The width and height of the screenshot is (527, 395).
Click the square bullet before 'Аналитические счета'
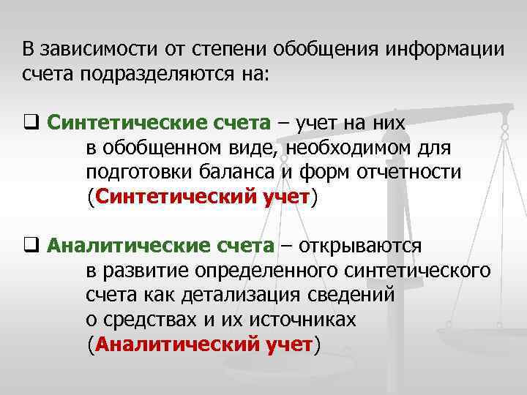29,246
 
